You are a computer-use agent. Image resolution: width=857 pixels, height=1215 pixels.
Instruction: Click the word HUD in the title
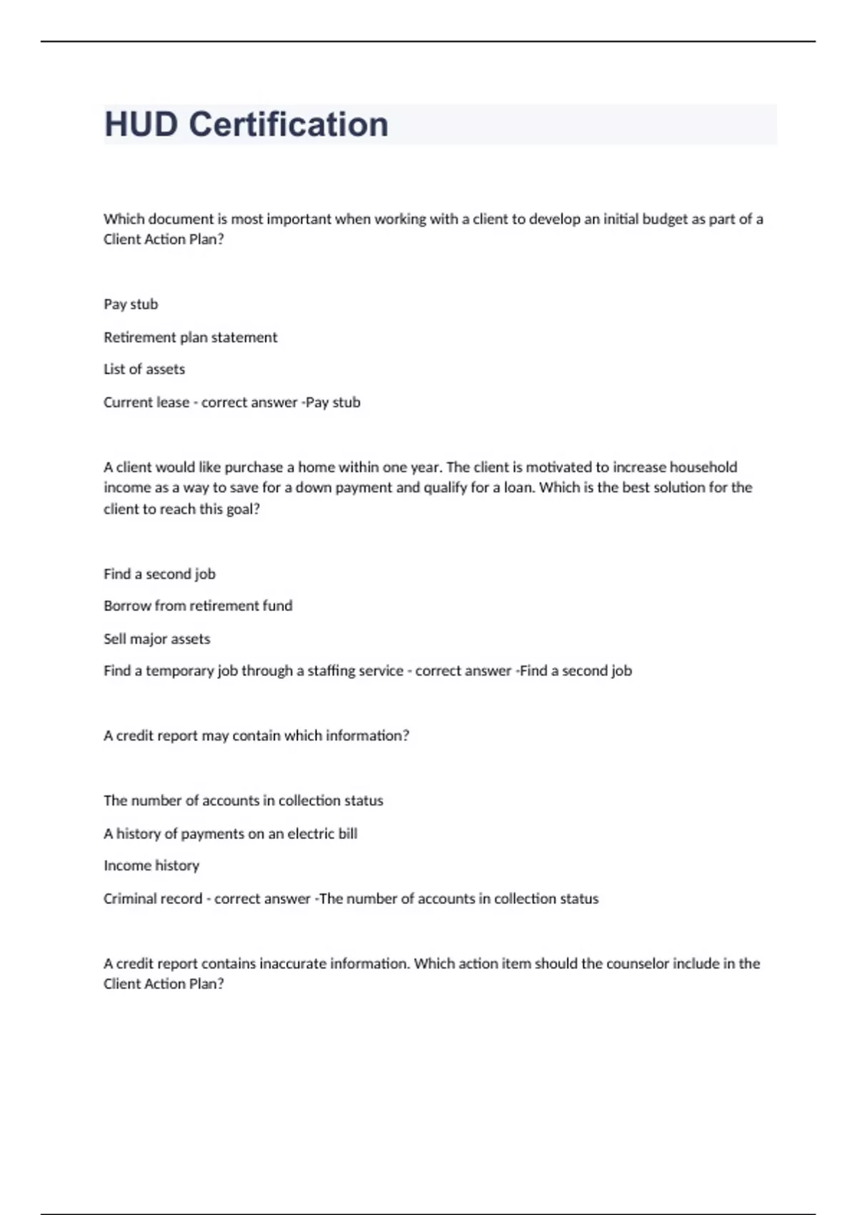(x=141, y=124)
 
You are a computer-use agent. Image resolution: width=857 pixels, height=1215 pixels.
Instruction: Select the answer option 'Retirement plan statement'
(x=190, y=337)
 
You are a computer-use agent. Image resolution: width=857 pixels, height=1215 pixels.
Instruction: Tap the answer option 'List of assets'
(x=144, y=370)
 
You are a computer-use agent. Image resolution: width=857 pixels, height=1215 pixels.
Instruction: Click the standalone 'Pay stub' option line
(x=131, y=304)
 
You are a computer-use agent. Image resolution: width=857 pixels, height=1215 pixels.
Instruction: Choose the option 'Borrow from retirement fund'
(x=198, y=606)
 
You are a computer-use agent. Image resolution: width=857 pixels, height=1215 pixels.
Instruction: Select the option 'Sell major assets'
(x=157, y=639)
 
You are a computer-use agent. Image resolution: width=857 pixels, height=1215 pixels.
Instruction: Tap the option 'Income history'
(x=151, y=866)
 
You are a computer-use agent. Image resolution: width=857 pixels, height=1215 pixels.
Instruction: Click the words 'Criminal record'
(x=153, y=898)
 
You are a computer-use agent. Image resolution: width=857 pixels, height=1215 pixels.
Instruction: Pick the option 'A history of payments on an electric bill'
(x=230, y=833)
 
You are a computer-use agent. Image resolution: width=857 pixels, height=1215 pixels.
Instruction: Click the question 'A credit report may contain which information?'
(x=256, y=735)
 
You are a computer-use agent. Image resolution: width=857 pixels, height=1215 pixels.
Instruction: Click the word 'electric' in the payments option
(x=310, y=833)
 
